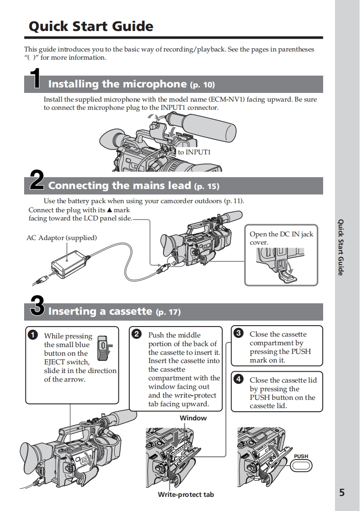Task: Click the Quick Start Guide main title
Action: point(91,26)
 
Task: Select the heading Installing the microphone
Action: point(117,84)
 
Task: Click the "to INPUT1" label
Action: point(194,152)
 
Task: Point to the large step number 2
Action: point(36,181)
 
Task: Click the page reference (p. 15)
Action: point(206,186)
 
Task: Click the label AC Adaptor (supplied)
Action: point(61,238)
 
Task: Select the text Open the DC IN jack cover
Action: point(281,238)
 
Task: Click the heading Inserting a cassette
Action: point(100,312)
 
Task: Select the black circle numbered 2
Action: point(136,334)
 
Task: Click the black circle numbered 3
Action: point(238,333)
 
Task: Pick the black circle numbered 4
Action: point(238,379)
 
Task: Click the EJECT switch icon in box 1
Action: point(104,346)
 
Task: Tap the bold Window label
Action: point(193,418)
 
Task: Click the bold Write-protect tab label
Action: point(186,494)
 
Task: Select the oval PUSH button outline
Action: point(301,465)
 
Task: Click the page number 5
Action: point(342,492)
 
